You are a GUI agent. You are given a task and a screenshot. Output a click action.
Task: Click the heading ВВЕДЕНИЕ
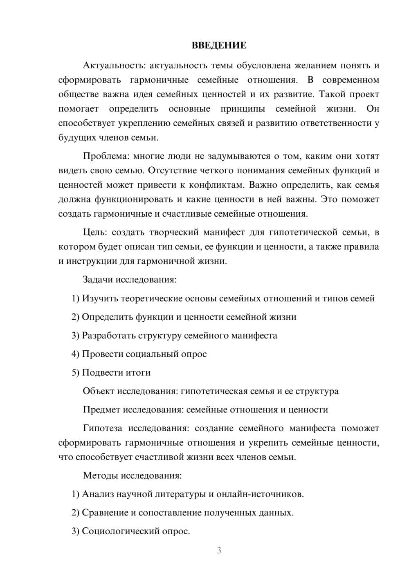click(219, 45)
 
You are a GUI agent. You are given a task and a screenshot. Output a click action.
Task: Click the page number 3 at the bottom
click(219, 550)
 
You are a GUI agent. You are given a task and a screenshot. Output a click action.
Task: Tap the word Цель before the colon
click(94, 233)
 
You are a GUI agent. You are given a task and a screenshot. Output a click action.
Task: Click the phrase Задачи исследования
click(130, 280)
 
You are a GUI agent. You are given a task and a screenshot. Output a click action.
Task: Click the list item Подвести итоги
click(116, 372)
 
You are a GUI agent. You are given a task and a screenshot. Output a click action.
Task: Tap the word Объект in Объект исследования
click(98, 391)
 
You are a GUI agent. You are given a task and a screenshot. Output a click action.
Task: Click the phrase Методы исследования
click(132, 475)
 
